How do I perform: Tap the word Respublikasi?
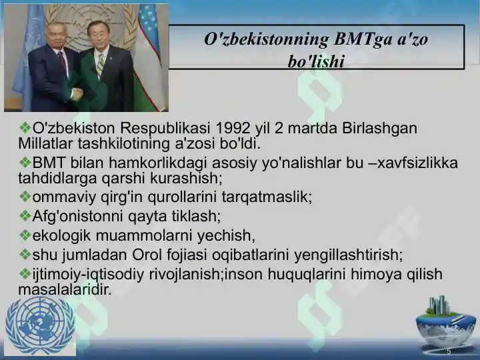[x=165, y=129]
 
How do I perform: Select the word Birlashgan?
[x=379, y=129]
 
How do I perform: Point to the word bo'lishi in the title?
[x=316, y=61]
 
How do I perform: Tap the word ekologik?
[x=61, y=236]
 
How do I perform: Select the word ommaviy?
[x=64, y=197]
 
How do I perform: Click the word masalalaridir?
[x=65, y=289]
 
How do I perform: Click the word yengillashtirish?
[x=349, y=255]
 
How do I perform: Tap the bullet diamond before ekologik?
[x=25, y=235]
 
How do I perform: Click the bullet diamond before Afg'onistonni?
[x=25, y=216]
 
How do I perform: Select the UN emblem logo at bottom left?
[x=40, y=326]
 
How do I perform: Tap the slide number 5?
[x=449, y=351]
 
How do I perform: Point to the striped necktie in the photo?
[x=100, y=65]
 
